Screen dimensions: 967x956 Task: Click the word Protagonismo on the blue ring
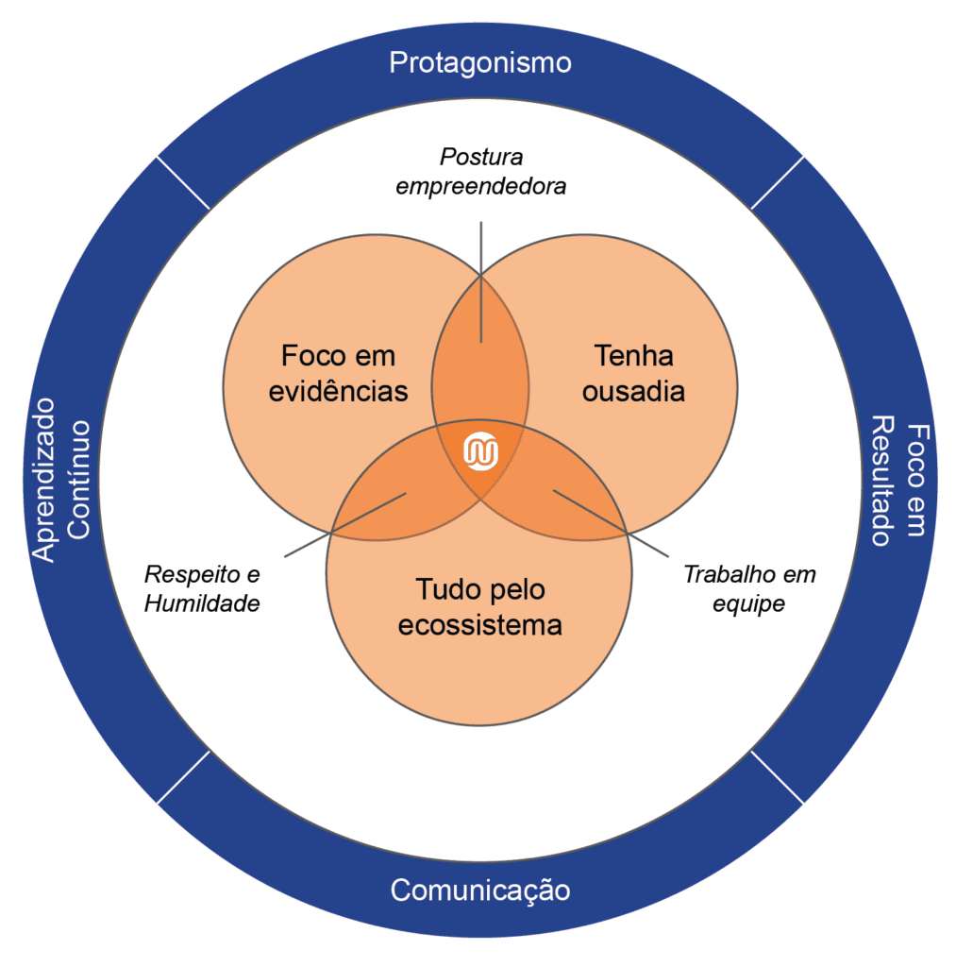[x=480, y=63]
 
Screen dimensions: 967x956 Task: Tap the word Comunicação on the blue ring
[x=480, y=890]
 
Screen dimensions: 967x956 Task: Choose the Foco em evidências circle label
[x=338, y=373]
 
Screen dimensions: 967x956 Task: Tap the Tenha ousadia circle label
[x=633, y=373]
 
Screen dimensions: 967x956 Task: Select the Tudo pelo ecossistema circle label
[x=479, y=607]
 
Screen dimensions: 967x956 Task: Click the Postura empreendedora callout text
[x=481, y=171]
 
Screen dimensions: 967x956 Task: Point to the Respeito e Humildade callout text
[x=202, y=589]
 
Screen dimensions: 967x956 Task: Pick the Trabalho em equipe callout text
[x=749, y=589]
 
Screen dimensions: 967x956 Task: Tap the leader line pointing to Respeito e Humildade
[x=345, y=523]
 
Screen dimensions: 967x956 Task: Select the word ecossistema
[x=479, y=624]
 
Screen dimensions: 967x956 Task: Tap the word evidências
[x=338, y=390]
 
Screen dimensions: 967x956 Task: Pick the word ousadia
[x=633, y=390]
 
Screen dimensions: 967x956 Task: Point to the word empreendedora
[x=481, y=186]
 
